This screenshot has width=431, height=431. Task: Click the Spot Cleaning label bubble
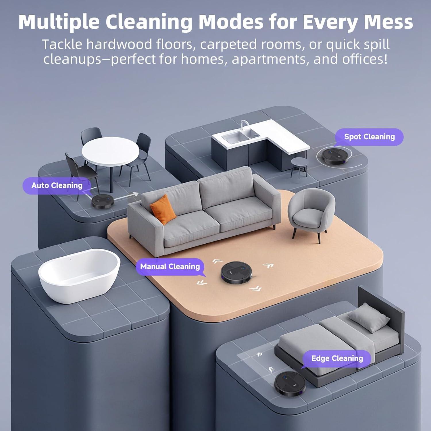tap(369, 137)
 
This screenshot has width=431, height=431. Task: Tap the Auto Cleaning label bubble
tap(57, 186)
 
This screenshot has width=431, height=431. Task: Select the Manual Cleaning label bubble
tap(170, 267)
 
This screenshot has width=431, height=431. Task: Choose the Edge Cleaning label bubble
tap(337, 359)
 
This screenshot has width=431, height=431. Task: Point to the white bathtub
tap(79, 276)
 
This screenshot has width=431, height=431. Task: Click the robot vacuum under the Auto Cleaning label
tap(103, 201)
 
